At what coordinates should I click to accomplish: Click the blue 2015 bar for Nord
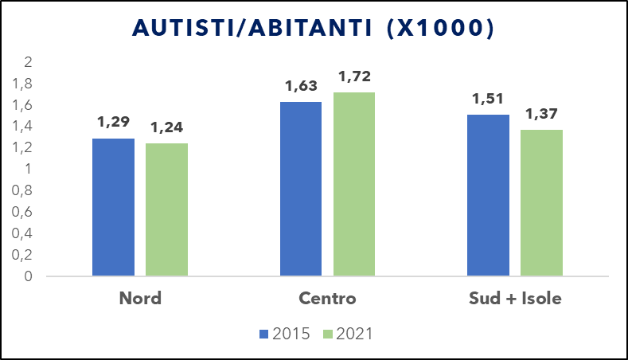coord(113,207)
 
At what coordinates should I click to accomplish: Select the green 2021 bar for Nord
coord(166,209)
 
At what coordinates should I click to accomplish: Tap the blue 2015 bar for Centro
coord(301,189)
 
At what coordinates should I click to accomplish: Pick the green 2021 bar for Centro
coord(354,184)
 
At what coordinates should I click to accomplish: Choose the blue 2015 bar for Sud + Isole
coord(488,195)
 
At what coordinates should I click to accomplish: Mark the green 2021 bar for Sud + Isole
coord(541,203)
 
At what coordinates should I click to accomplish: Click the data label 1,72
coord(355,77)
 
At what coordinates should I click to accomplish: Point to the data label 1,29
coord(114,123)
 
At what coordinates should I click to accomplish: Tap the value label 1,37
coord(542,114)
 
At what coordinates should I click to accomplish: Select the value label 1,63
coord(302,86)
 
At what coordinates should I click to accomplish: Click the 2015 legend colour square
coord(265,335)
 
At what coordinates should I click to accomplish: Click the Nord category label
coord(140,299)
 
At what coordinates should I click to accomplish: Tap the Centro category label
coord(327,299)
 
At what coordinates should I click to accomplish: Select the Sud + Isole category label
coord(514,299)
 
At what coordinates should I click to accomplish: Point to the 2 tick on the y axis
coord(28,62)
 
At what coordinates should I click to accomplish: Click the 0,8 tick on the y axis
coord(23,191)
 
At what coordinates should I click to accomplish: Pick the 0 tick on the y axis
coord(28,276)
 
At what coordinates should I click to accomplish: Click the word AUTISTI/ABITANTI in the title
coord(248,28)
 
